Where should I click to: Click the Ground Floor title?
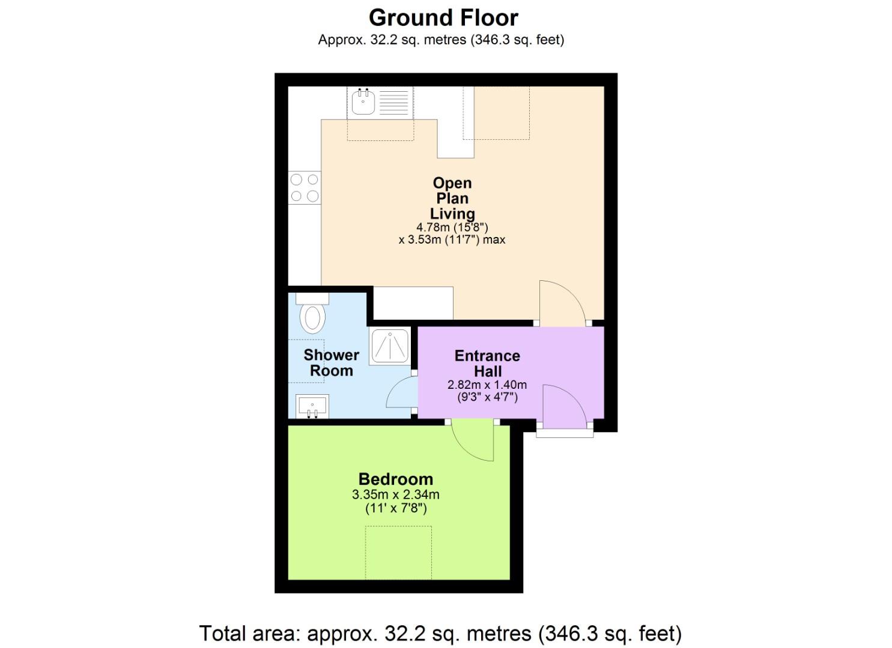(443, 18)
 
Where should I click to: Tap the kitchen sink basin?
(362, 103)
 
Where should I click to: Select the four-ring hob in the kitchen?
(305, 188)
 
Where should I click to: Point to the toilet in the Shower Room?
(312, 316)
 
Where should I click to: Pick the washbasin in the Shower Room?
(312, 407)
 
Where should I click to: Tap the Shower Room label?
(331, 363)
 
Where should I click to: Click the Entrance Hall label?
(487, 364)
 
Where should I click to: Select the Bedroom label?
(395, 479)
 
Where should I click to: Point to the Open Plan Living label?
(452, 198)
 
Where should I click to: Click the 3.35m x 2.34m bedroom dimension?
(395, 495)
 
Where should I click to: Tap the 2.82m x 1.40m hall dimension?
(487, 385)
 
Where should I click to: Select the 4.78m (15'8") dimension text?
(452, 227)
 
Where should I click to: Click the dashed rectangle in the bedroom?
(399, 553)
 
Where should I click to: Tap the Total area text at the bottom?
(440, 634)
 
